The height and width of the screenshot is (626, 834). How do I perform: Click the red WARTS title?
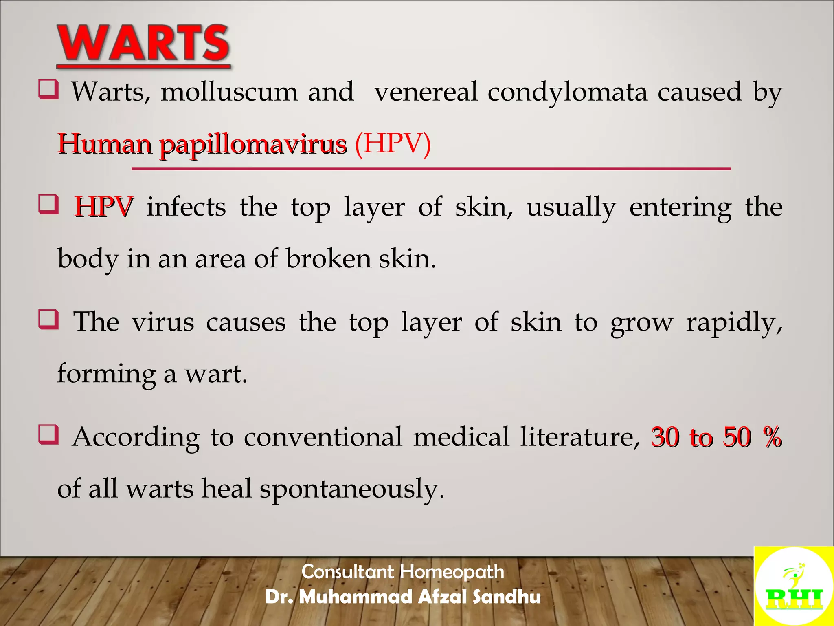coord(143,44)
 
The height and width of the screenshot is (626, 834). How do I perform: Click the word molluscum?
coord(229,92)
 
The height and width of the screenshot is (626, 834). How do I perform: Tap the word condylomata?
coord(567,92)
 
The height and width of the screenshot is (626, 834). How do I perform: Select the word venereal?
coord(426,92)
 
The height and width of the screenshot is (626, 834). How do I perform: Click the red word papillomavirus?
coord(253,145)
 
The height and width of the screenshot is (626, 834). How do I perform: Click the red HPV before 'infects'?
coord(104,207)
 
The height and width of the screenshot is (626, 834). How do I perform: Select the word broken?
coord(329,259)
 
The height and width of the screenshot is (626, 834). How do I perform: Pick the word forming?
coord(106,374)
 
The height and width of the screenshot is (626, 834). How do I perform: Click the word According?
coord(136,438)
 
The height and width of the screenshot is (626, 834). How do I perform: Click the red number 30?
coord(665,438)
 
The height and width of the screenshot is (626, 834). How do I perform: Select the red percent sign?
coord(772,437)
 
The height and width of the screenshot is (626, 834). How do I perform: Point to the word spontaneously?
coord(351,489)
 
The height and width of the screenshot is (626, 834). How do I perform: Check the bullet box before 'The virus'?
coord(48,319)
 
